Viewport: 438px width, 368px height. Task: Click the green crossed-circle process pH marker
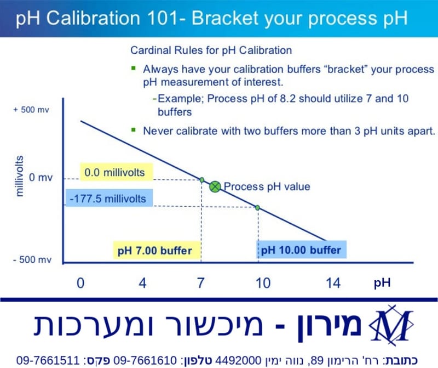pyautogui.click(x=215, y=186)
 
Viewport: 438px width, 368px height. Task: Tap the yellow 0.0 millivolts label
pyautogui.click(x=115, y=173)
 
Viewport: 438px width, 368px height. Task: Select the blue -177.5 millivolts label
pyautogui.click(x=109, y=198)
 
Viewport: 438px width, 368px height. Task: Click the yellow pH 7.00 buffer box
pyautogui.click(x=155, y=251)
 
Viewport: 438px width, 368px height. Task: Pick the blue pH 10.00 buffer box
pyautogui.click(x=301, y=251)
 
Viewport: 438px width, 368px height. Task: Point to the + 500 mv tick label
pyautogui.click(x=31, y=110)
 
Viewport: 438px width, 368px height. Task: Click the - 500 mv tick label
pyautogui.click(x=31, y=259)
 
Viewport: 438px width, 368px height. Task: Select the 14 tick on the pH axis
pyautogui.click(x=332, y=284)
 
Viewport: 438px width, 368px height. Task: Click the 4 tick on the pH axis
pyautogui.click(x=143, y=284)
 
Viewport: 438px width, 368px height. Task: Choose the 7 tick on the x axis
pyautogui.click(x=200, y=284)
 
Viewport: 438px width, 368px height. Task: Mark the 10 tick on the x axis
pyautogui.click(x=263, y=284)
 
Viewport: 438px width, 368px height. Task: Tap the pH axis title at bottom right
pyautogui.click(x=382, y=284)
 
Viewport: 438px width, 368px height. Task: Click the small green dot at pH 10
pyautogui.click(x=257, y=207)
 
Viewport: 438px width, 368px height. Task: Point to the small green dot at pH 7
pyautogui.click(x=201, y=180)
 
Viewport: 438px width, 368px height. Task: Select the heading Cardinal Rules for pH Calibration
pyautogui.click(x=211, y=50)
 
